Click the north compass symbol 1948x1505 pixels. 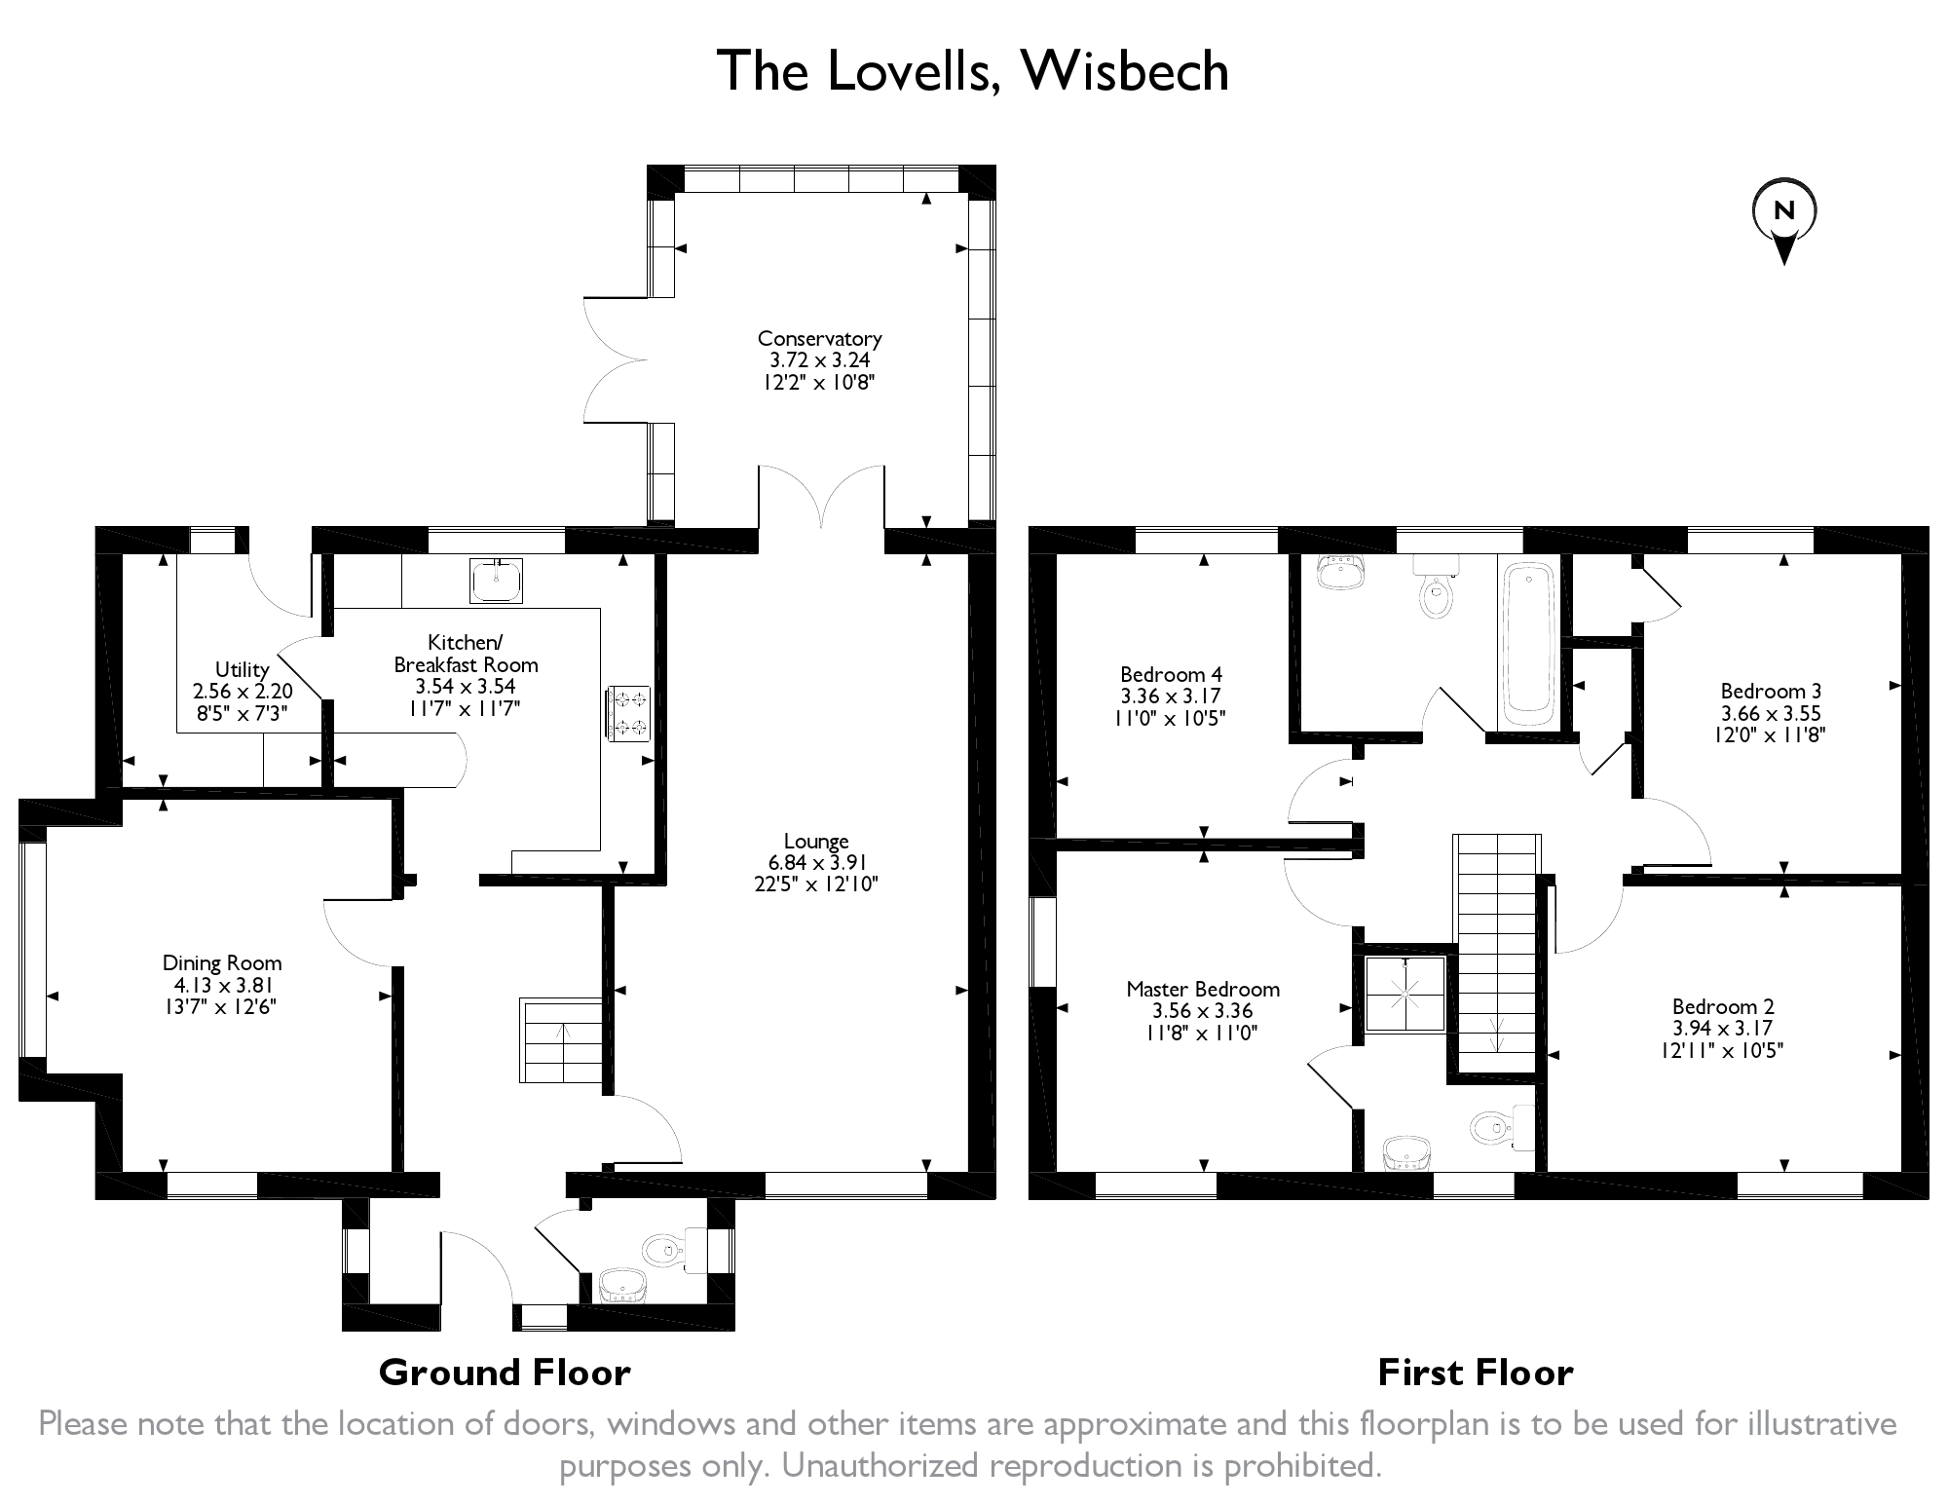(1783, 222)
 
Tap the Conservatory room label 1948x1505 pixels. (819, 339)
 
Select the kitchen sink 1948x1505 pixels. (496, 581)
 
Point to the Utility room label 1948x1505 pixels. (242, 669)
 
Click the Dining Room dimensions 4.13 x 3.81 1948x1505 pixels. (222, 985)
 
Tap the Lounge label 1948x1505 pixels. (816, 842)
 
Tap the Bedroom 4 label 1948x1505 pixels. (1171, 674)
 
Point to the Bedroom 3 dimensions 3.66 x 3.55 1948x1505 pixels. (1770, 713)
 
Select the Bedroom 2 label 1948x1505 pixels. (1723, 1006)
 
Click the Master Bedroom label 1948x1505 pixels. (1203, 989)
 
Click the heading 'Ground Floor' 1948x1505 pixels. (505, 1373)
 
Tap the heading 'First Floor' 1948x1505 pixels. (1476, 1373)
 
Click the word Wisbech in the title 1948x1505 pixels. (1126, 70)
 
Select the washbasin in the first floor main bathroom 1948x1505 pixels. (1339, 572)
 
